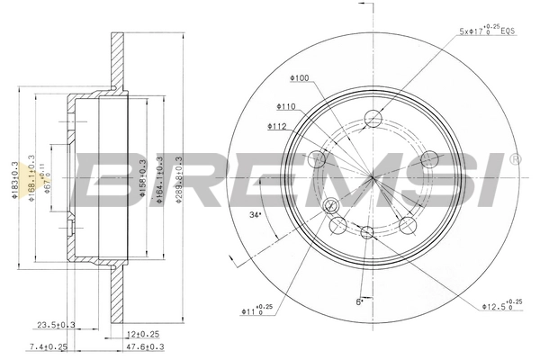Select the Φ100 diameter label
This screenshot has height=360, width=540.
[x=300, y=78]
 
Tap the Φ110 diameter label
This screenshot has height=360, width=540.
[x=288, y=105]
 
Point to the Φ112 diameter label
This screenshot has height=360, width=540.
[x=277, y=127]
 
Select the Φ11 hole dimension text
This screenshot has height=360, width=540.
[x=257, y=311]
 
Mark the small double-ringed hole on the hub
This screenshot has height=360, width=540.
[x=329, y=205]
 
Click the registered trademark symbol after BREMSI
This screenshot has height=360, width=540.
[x=514, y=159]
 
